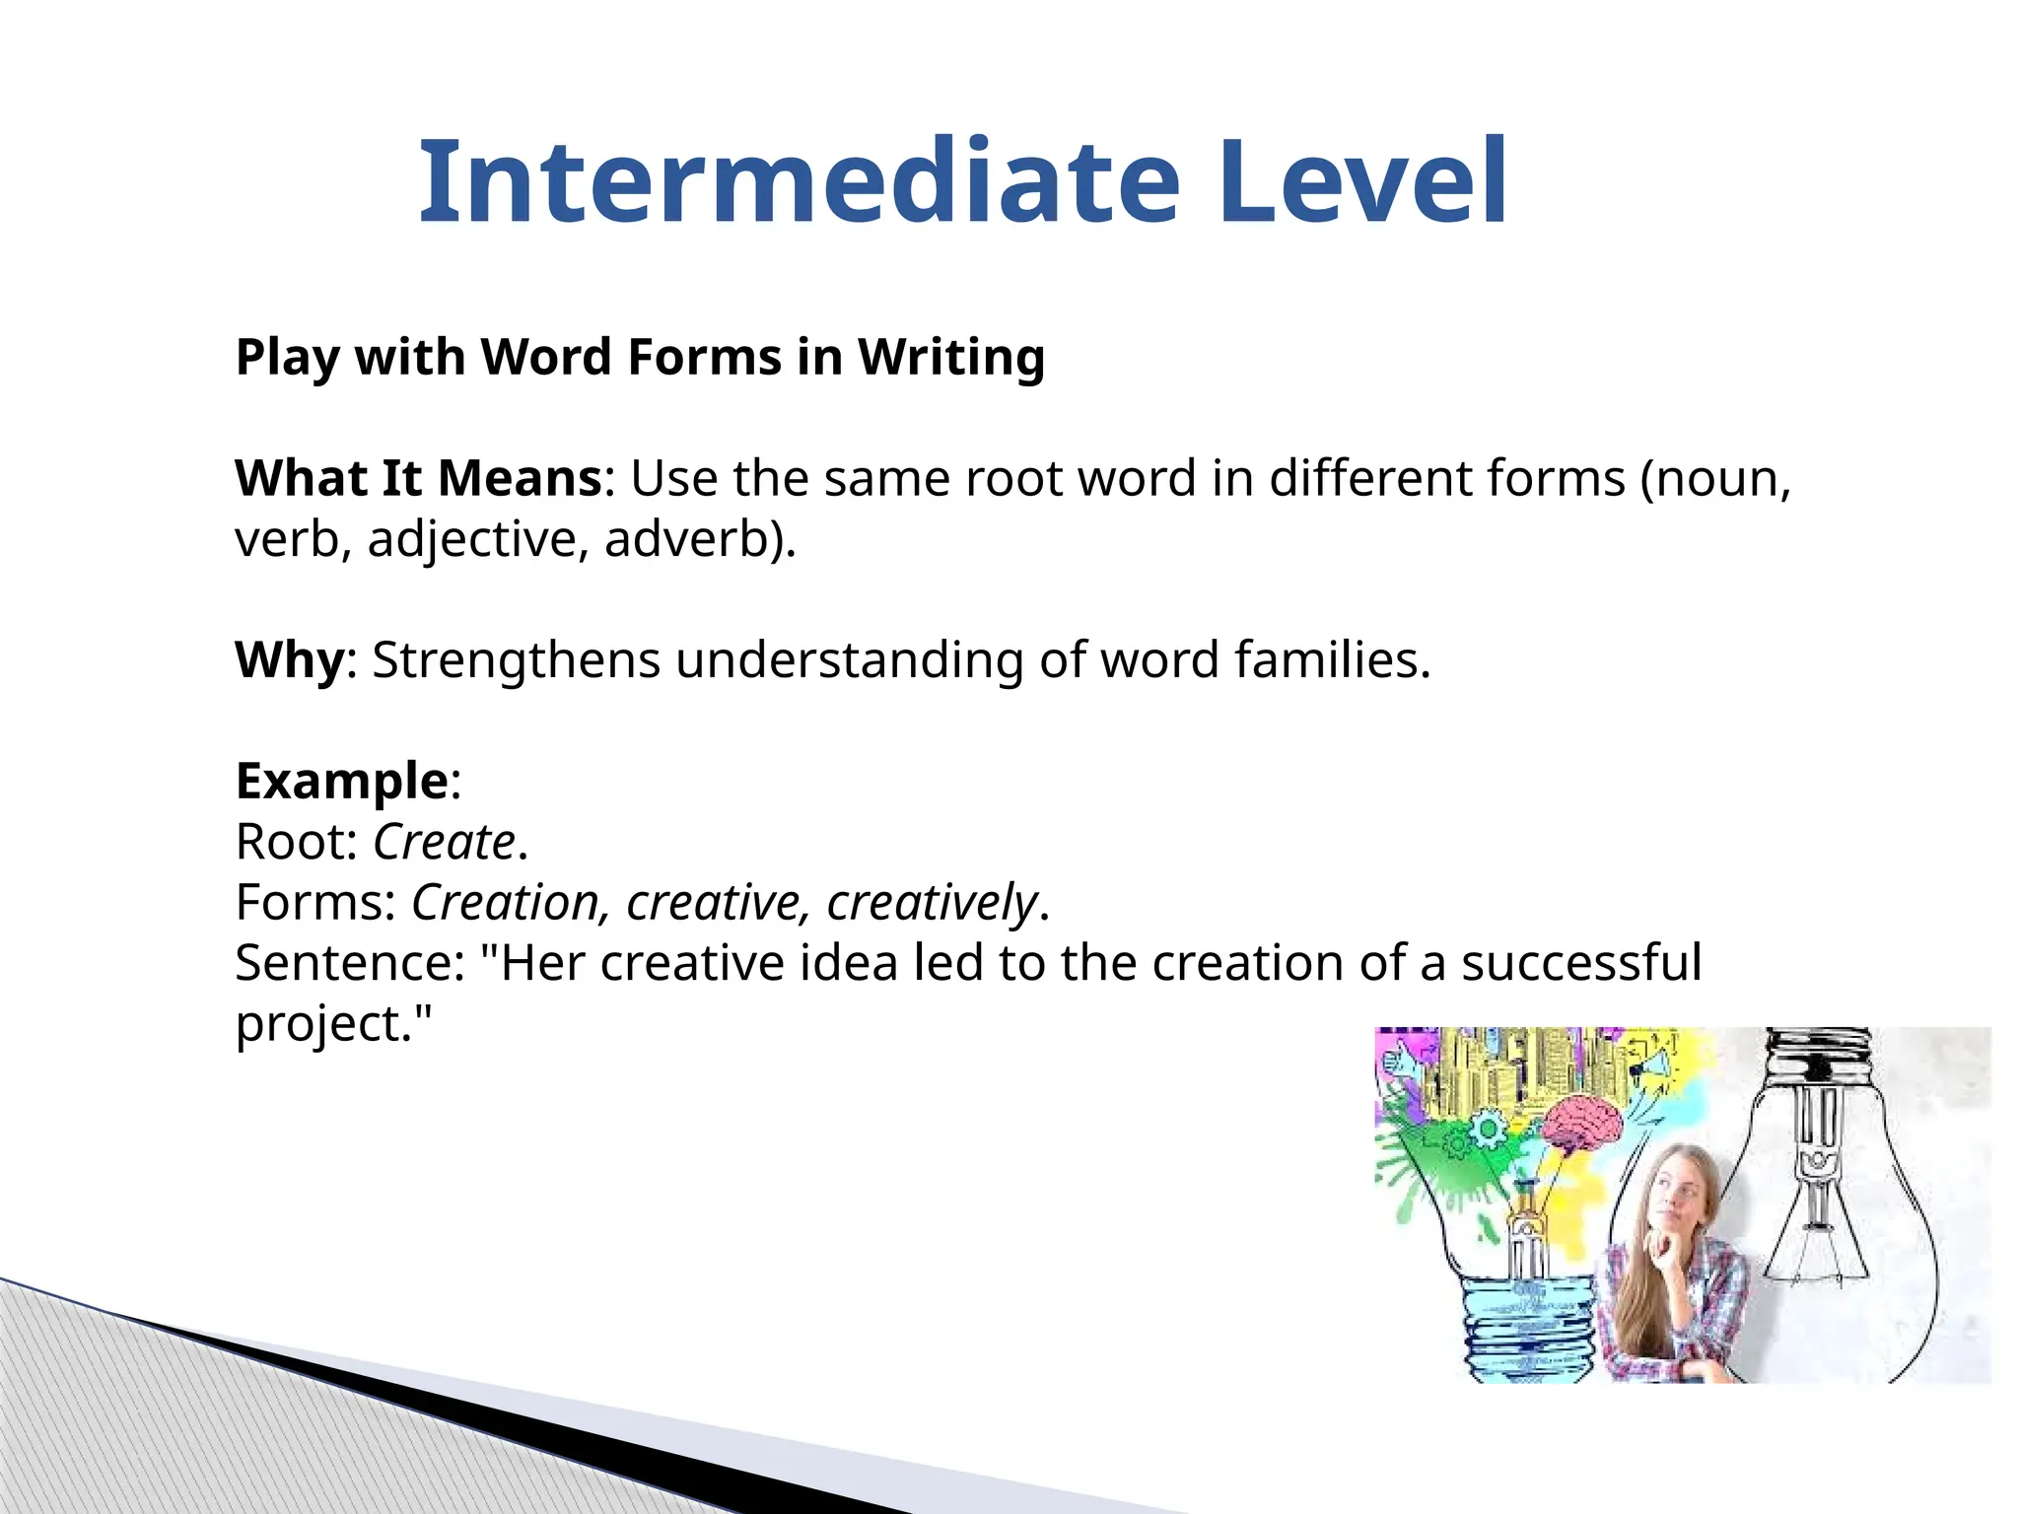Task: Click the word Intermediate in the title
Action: click(x=799, y=182)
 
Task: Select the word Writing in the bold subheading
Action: click(x=950, y=357)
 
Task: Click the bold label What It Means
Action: click(x=418, y=479)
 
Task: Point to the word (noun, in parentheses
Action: click(x=1715, y=479)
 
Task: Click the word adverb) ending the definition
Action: click(x=700, y=539)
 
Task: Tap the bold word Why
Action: click(x=289, y=660)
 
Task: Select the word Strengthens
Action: click(x=515, y=660)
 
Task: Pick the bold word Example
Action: click(x=342, y=782)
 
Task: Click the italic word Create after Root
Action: click(x=444, y=843)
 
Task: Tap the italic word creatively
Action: click(x=931, y=903)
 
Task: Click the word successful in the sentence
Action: click(x=1581, y=963)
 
